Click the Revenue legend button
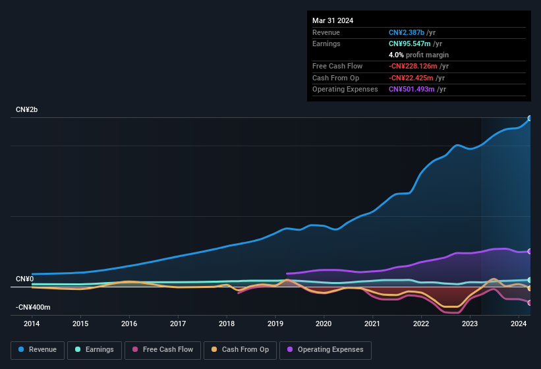point(38,350)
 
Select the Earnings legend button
point(95,350)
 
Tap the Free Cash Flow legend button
point(163,350)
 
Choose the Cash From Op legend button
point(240,350)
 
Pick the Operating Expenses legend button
point(326,350)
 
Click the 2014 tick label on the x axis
point(32,324)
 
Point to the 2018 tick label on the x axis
point(227,324)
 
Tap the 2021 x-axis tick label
point(372,324)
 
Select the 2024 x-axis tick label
point(518,324)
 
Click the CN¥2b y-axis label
point(27,109)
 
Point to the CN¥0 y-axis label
point(24,279)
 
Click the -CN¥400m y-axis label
point(33,307)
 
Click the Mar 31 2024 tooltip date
point(333,20)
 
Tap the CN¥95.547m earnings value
point(410,43)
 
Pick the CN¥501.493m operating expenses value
point(411,89)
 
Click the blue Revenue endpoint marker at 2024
point(530,119)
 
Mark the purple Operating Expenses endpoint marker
point(530,251)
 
